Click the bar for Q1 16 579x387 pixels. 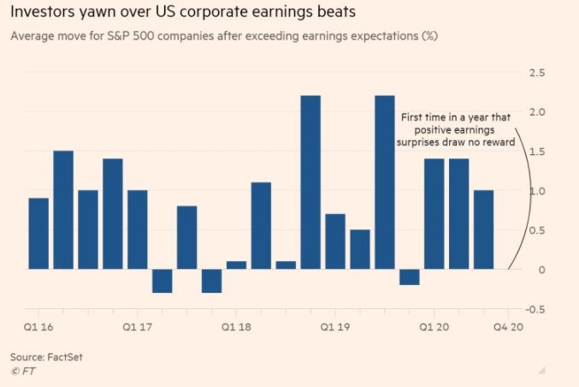click(x=38, y=233)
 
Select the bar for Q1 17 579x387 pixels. click(x=138, y=229)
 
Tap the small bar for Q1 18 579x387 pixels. click(x=237, y=265)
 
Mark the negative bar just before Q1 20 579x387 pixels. click(x=410, y=277)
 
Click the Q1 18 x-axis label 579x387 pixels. click(x=237, y=326)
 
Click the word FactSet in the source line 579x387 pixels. click(x=66, y=355)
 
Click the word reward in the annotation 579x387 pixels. click(x=497, y=143)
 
